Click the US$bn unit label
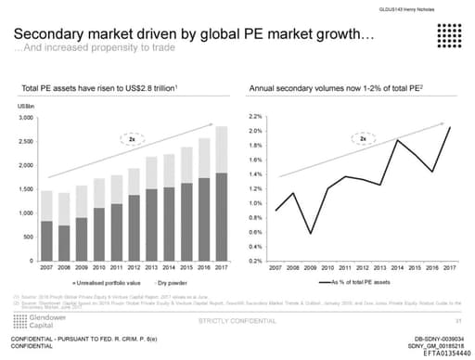(x=26, y=109)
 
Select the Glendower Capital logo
(x=33, y=320)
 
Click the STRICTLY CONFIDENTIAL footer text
(x=237, y=320)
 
